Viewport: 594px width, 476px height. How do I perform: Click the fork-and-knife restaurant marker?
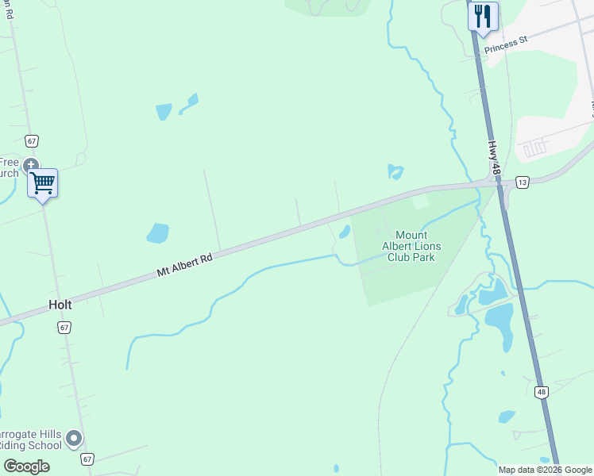click(483, 17)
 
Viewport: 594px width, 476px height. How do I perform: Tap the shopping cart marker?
click(42, 183)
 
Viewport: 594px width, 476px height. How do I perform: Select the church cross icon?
click(31, 165)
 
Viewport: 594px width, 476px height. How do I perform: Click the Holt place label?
click(60, 305)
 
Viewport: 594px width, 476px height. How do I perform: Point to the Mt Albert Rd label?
click(185, 264)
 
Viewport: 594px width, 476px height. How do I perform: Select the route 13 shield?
click(522, 182)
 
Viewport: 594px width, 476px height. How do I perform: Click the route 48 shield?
click(541, 392)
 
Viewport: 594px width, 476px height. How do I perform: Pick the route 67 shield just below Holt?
click(64, 327)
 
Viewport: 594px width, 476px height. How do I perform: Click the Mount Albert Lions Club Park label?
click(411, 246)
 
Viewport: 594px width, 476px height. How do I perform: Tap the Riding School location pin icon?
click(74, 438)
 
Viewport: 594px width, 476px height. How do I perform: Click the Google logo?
click(26, 466)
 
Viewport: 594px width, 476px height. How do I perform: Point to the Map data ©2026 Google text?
click(545, 470)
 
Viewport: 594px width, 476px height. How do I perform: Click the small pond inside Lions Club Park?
click(345, 232)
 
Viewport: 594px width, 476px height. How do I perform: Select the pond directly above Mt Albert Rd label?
click(157, 233)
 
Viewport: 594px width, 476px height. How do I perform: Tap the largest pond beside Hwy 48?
click(499, 317)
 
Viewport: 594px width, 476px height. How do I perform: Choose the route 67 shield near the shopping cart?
click(31, 140)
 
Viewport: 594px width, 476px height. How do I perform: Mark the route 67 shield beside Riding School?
click(87, 459)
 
